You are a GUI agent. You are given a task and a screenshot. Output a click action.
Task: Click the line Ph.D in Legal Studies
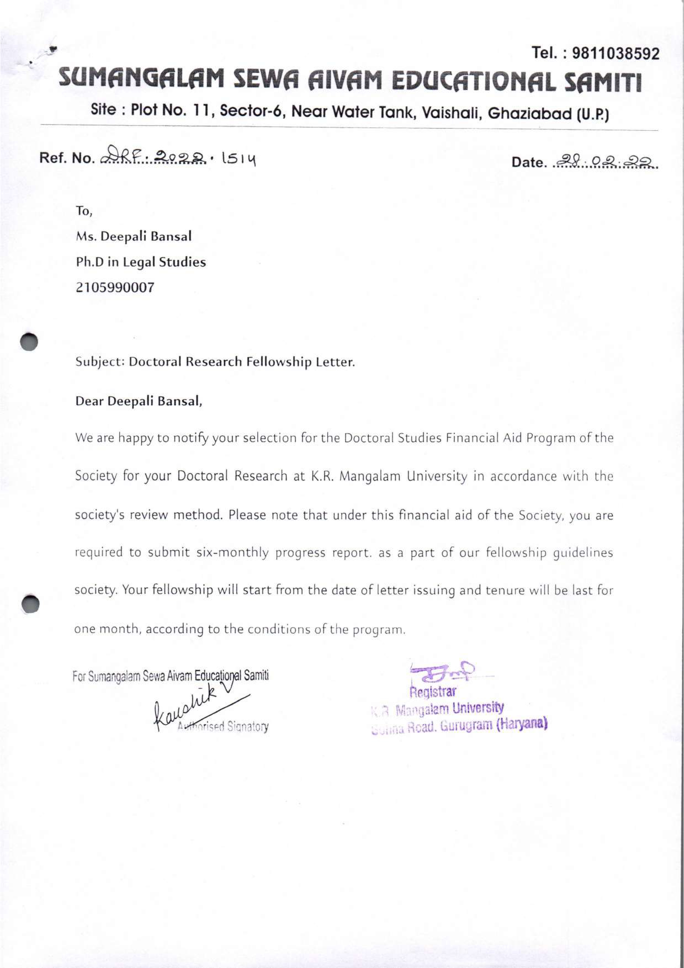click(141, 262)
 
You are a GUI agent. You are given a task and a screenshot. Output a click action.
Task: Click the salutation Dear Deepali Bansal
click(139, 401)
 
